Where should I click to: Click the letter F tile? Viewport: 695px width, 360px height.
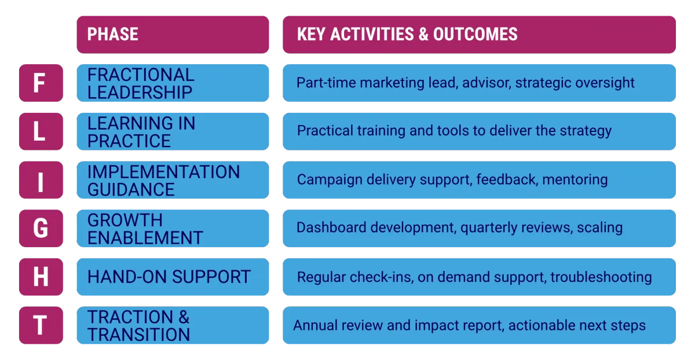pyautogui.click(x=41, y=83)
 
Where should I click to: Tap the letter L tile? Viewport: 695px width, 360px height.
pyautogui.click(x=41, y=131)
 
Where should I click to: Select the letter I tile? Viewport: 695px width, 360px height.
pyautogui.click(x=41, y=180)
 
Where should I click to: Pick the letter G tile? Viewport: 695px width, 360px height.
pyautogui.click(x=41, y=228)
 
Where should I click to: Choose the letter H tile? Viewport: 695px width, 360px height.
pyautogui.click(x=41, y=277)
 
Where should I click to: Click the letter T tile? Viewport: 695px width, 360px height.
pyautogui.click(x=41, y=325)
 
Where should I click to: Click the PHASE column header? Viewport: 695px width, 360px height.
pyautogui.click(x=173, y=35)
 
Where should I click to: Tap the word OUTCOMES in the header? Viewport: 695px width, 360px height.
pyautogui.click(x=475, y=34)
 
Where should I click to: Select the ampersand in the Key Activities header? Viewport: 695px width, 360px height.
pyautogui.click(x=423, y=34)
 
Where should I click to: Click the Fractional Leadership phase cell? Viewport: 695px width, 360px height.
pyautogui.click(x=173, y=83)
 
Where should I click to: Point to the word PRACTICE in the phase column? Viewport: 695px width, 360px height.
pyautogui.click(x=129, y=141)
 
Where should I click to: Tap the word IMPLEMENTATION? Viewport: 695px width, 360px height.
pyautogui.click(x=163, y=172)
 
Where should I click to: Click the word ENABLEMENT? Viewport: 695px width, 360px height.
pyautogui.click(x=145, y=238)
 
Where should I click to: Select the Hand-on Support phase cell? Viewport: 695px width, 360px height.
pyautogui.click(x=173, y=277)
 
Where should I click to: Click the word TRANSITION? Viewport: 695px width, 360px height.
pyautogui.click(x=138, y=335)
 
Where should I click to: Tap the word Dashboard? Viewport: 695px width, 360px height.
pyautogui.click(x=331, y=227)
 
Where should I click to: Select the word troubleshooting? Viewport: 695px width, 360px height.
pyautogui.click(x=601, y=277)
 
